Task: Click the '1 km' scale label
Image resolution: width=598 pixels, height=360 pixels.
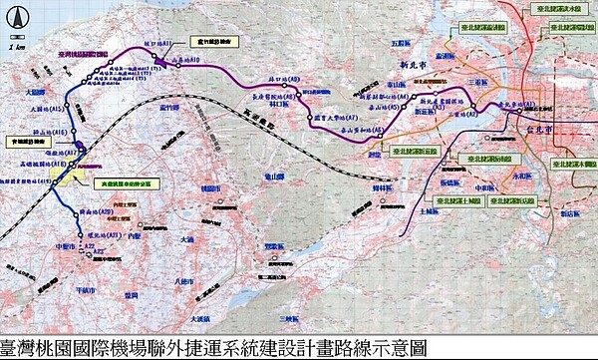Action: tap(16, 47)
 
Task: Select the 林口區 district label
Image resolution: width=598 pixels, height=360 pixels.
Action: tap(291, 103)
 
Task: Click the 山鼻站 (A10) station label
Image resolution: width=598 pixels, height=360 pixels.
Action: tap(188, 60)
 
